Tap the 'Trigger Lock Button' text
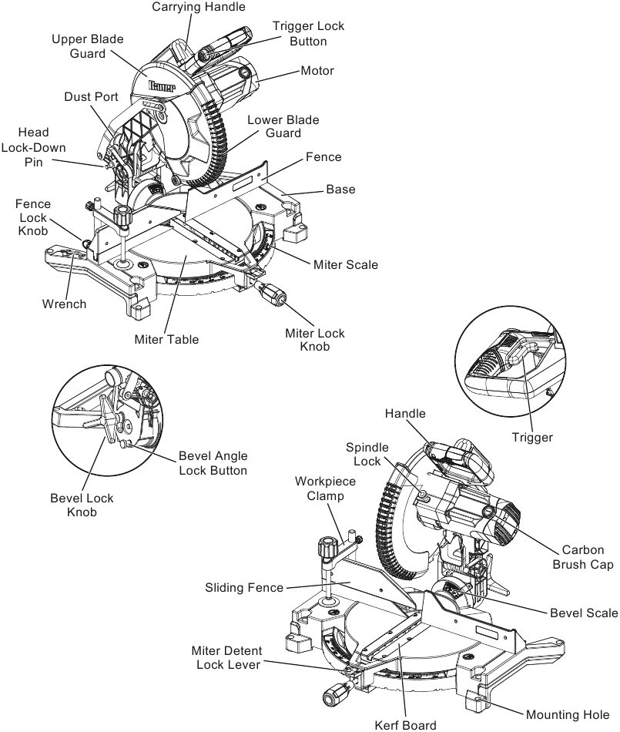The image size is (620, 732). pos(308,33)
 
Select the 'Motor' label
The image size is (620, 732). pos(317,71)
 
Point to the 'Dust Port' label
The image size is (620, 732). pos(90,97)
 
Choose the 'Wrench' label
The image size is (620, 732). pos(64,304)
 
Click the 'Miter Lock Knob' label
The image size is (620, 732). pos(315,340)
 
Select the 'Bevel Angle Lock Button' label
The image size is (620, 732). pos(213,462)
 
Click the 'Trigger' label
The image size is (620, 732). pos(532,437)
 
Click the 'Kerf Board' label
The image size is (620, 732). pos(405,724)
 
